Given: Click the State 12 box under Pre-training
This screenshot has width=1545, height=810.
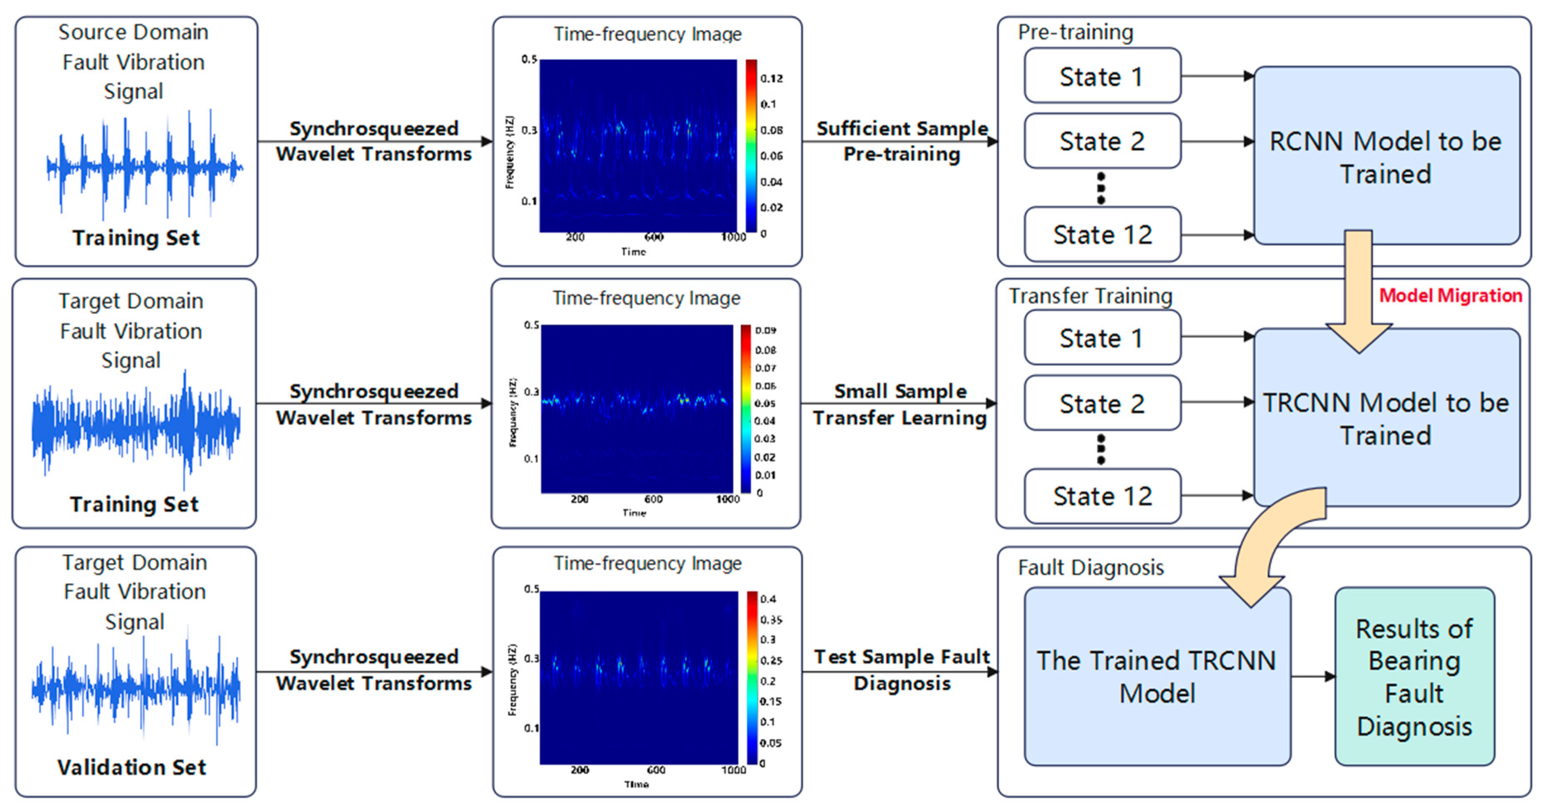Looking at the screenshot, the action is click(x=1102, y=234).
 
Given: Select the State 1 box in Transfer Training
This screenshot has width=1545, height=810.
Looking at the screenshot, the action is click(x=1102, y=338).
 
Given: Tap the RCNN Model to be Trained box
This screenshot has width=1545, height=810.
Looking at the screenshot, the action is click(x=1386, y=155).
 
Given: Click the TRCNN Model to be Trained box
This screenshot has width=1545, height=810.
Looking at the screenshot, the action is click(x=1386, y=418).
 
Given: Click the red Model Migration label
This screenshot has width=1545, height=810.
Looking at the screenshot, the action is click(x=1450, y=295).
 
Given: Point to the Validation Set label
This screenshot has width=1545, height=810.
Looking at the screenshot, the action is click(x=131, y=767).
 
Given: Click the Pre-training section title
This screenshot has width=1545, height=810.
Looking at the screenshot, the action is click(x=1075, y=32).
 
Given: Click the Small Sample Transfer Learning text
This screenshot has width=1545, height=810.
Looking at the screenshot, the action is click(x=900, y=404).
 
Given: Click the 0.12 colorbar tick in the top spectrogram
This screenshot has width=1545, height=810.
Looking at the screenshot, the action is click(x=771, y=79).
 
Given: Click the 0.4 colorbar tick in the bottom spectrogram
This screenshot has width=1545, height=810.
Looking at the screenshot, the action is click(x=768, y=599).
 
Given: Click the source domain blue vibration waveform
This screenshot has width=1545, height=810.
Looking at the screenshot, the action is click(x=145, y=165).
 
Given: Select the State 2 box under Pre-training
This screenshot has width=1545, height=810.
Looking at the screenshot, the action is click(x=1102, y=141).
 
